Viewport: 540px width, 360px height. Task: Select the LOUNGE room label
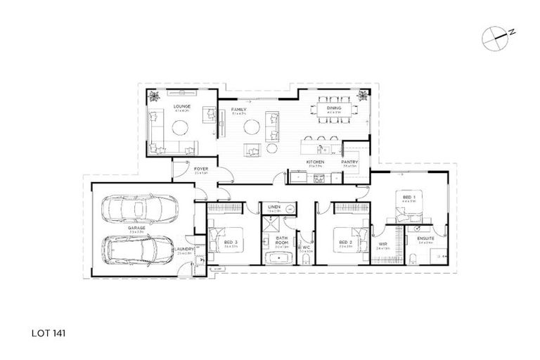click(x=182, y=107)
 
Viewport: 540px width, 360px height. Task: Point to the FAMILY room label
click(x=229, y=109)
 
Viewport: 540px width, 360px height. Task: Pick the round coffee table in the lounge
click(x=181, y=128)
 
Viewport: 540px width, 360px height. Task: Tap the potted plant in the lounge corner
click(x=154, y=96)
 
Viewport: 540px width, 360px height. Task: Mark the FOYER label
click(x=200, y=169)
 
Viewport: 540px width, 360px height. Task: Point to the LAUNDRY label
click(x=186, y=248)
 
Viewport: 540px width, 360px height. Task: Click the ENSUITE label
click(x=426, y=238)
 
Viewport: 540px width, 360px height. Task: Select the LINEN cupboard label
click(x=276, y=207)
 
